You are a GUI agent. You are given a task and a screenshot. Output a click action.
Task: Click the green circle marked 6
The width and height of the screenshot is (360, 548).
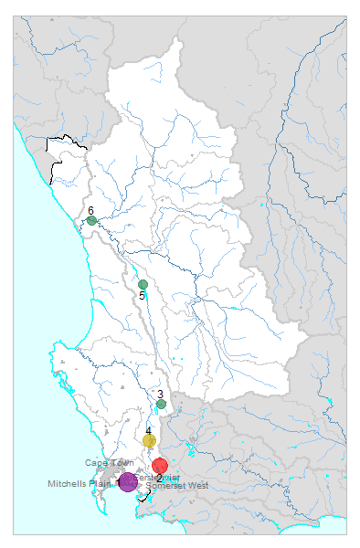92,221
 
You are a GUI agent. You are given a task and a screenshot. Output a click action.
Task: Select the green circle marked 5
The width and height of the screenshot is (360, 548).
143,285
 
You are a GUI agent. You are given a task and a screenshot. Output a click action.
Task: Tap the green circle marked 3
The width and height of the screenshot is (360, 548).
161,404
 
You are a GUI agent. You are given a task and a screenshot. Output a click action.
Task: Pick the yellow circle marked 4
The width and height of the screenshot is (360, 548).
149,441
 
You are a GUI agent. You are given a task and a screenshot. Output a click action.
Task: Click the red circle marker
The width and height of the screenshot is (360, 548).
160,466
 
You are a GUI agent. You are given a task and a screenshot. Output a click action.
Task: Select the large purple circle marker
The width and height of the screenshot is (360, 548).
128,481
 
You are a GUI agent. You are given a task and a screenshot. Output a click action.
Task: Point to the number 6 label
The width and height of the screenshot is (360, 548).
90,211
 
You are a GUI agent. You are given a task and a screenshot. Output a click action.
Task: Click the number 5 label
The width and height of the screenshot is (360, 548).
143,296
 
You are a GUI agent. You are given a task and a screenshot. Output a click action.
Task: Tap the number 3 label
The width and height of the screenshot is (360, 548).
160,394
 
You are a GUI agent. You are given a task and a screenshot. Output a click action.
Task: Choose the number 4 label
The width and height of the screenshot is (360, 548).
148,431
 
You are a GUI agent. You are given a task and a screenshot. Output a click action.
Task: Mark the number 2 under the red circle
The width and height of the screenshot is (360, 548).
159,478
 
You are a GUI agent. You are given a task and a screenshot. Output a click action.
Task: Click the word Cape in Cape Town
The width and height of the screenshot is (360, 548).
97,463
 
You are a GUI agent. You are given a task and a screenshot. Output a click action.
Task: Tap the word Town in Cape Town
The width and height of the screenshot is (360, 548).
121,463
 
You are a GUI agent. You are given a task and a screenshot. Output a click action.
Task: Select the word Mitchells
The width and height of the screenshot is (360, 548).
69,484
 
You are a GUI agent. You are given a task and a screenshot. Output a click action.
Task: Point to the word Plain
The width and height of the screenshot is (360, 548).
101,484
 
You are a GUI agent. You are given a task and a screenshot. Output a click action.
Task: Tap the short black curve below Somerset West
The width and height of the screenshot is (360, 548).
146,496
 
